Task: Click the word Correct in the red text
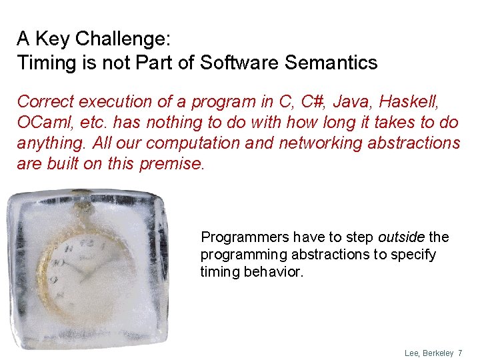point(45,102)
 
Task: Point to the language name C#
point(309,102)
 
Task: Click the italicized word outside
point(401,237)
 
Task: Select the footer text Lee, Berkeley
point(429,353)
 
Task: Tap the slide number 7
point(460,353)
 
